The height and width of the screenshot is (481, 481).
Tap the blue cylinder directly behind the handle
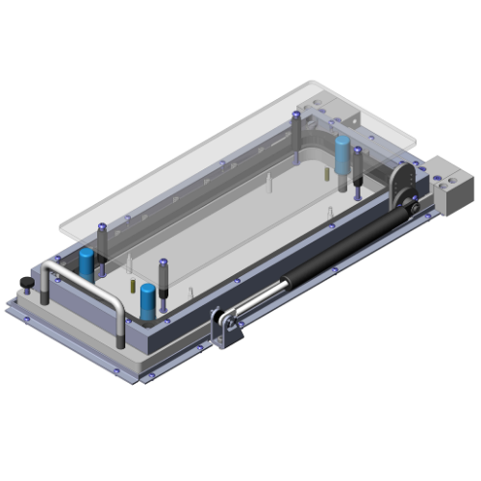[x=88, y=261]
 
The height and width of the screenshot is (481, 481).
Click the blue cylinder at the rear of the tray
[x=342, y=154]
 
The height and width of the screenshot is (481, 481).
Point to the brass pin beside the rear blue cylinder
[x=328, y=177]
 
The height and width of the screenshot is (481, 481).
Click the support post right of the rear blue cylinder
[x=358, y=167]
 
